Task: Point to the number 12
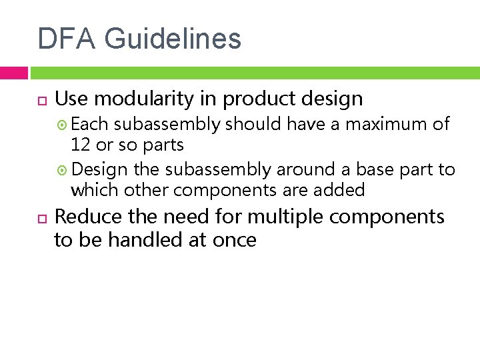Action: pos(81,144)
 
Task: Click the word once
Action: pos(233,239)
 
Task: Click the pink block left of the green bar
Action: pos(13,73)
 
